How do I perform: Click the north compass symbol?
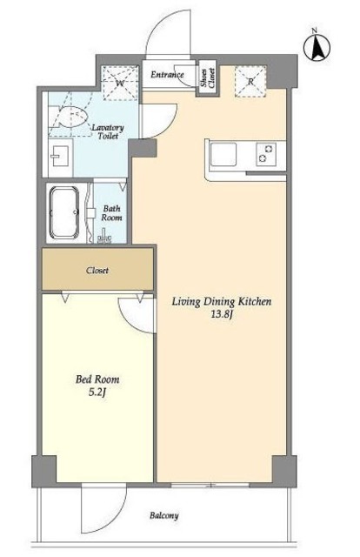(317, 47)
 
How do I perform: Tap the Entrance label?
(167, 75)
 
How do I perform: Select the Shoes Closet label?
(207, 78)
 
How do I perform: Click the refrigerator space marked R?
(250, 81)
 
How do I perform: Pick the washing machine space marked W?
(120, 84)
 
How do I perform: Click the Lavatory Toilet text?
(108, 131)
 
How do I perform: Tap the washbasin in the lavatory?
(61, 156)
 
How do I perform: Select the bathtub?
(64, 212)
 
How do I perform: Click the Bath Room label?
(111, 212)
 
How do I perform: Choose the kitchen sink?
(223, 155)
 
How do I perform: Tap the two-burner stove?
(266, 153)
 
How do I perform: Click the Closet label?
(97, 271)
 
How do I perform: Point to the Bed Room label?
(97, 379)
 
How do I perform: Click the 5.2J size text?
(97, 393)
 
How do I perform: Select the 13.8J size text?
(222, 315)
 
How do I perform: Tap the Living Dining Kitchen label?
(222, 302)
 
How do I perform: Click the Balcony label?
(164, 515)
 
